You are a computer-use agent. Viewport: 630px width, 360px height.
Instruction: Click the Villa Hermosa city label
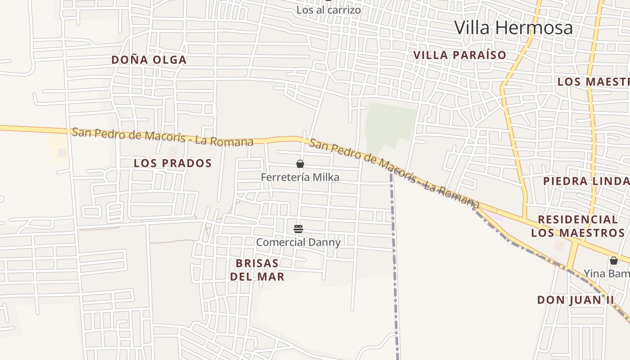pos(513,27)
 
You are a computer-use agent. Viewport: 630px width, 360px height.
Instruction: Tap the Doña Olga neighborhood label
pos(148,60)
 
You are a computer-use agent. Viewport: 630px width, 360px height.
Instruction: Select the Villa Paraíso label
pos(459,55)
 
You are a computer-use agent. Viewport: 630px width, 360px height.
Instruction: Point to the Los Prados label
pos(172,163)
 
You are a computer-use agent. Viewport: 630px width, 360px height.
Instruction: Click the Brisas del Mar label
pos(257,270)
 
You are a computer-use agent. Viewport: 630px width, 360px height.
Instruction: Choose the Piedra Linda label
pos(586,181)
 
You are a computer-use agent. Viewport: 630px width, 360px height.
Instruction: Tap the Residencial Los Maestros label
pos(577,226)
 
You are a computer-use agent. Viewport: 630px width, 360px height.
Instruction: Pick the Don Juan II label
pos(575,300)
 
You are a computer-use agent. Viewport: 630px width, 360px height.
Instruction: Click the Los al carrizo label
pos(328,9)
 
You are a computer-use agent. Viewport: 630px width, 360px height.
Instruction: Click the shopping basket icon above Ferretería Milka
pos(300,164)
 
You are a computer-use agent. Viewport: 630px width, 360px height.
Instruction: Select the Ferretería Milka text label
pos(300,177)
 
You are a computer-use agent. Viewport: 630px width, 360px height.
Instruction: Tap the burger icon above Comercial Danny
pos(298,229)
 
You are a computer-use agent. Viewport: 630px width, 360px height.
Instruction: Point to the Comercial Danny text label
pos(298,242)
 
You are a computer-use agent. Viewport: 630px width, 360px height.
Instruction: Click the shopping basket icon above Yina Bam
pos(613,260)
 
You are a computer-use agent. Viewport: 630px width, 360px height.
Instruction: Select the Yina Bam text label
pos(607,273)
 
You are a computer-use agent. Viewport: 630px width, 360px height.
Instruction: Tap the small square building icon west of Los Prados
pos(62,153)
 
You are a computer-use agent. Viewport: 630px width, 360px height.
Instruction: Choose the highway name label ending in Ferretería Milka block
pos(162,137)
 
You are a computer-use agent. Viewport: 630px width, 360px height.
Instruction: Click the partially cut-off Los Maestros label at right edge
pos(593,82)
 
